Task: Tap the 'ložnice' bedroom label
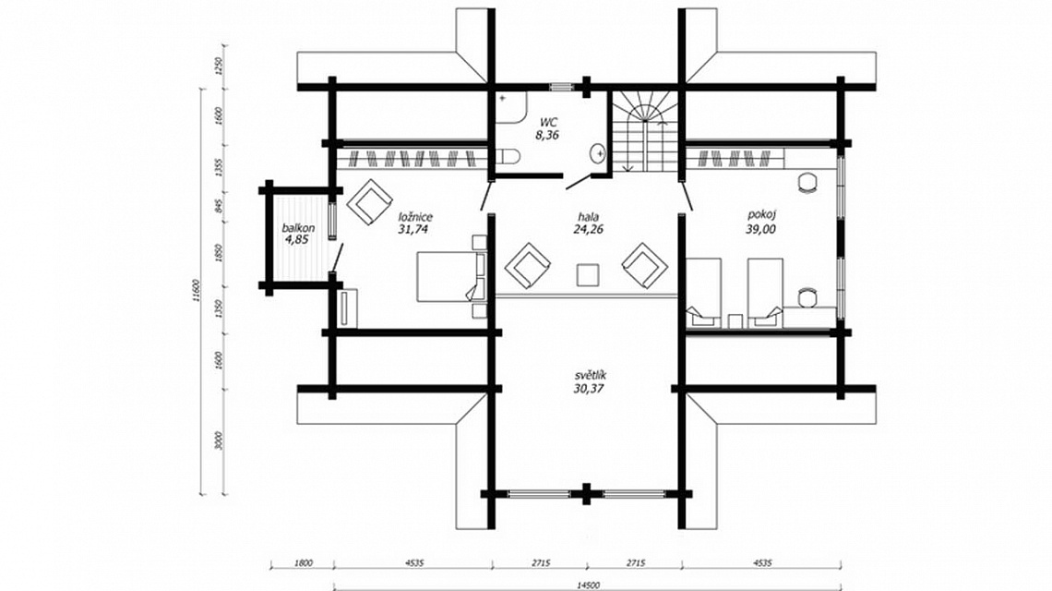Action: click(414, 217)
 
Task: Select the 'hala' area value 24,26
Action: click(589, 229)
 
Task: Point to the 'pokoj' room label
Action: click(760, 215)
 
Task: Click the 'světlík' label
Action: click(591, 375)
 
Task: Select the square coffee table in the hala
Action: click(588, 274)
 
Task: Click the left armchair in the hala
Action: click(528, 265)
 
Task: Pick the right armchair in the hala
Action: click(645, 265)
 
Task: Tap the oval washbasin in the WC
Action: click(597, 154)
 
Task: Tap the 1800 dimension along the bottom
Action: click(304, 563)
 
